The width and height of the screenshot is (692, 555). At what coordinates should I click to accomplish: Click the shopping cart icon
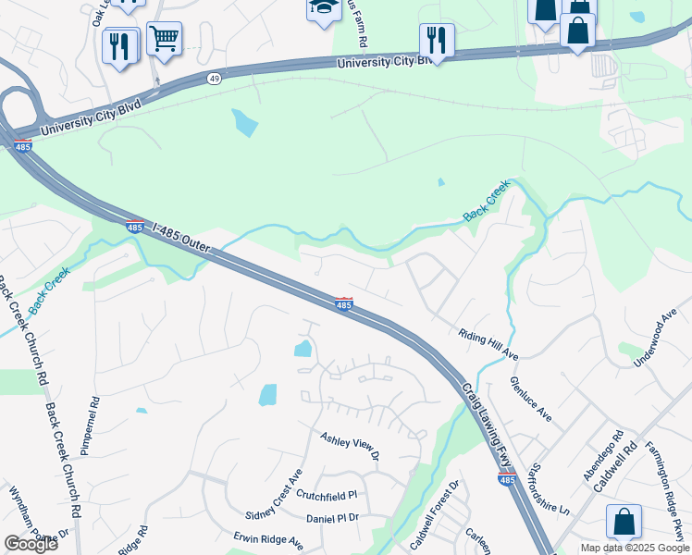(x=164, y=39)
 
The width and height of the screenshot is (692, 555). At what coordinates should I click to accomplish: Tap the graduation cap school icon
(x=323, y=8)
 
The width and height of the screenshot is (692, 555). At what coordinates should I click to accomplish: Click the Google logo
(x=31, y=544)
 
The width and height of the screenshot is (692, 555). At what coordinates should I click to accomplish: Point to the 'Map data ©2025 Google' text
(x=635, y=548)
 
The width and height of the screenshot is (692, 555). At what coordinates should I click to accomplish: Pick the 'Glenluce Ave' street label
(x=531, y=399)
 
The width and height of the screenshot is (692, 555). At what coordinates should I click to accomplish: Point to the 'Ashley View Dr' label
(x=350, y=445)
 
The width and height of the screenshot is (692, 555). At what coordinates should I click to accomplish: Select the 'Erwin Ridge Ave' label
(x=268, y=540)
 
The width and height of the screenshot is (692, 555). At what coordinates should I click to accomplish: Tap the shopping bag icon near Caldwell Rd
(x=624, y=521)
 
